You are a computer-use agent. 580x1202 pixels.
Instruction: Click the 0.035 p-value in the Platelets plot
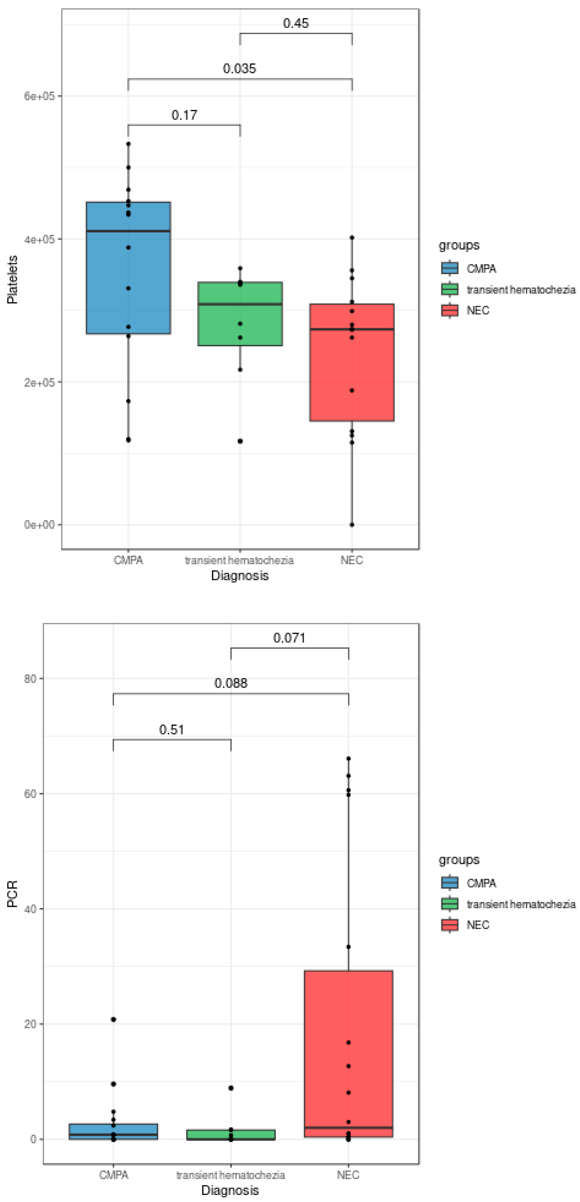[239, 69]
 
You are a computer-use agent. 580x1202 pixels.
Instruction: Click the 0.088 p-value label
[231, 683]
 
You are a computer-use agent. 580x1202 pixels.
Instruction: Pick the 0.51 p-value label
[171, 729]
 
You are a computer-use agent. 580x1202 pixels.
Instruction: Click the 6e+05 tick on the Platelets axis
[39, 96]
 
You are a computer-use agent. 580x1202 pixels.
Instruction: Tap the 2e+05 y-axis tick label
[39, 382]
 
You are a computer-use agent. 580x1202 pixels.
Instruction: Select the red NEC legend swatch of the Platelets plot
[449, 310]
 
